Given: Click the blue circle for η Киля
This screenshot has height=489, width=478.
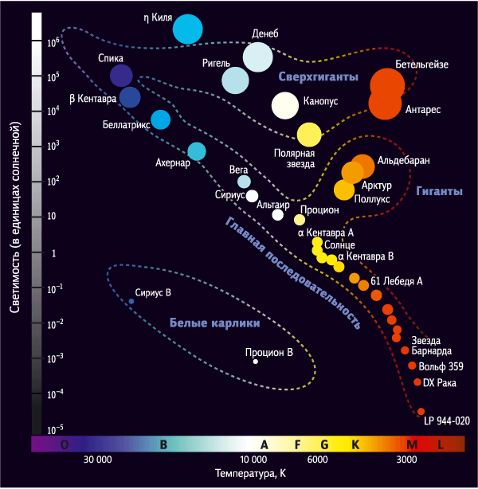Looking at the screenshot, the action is pyautogui.click(x=188, y=29).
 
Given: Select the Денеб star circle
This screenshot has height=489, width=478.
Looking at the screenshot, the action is pyautogui.click(x=257, y=57).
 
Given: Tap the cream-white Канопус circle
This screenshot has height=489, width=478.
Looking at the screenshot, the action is pyautogui.click(x=285, y=106).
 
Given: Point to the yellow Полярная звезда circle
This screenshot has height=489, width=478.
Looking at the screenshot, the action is pyautogui.click(x=309, y=135).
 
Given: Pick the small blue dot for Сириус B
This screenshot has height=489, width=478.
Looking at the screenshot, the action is pyautogui.click(x=131, y=301).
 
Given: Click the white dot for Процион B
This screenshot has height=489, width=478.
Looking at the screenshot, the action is pyautogui.click(x=256, y=362).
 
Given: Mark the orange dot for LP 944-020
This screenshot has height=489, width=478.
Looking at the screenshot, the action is pyautogui.click(x=421, y=411).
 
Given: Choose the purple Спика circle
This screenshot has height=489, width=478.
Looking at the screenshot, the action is pyautogui.click(x=121, y=76).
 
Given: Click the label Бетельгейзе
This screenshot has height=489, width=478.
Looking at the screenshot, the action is pyautogui.click(x=422, y=65).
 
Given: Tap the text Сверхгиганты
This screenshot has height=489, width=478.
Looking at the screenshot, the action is pyautogui.click(x=318, y=76).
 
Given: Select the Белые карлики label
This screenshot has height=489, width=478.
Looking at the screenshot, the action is pyautogui.click(x=214, y=323).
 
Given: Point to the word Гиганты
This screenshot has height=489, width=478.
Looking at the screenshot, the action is pyautogui.click(x=439, y=191).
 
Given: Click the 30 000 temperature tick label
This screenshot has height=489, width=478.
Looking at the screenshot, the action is pyautogui.click(x=98, y=460).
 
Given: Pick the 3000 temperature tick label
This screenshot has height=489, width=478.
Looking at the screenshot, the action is pyautogui.click(x=406, y=460).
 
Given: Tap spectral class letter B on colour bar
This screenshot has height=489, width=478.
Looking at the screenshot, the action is pyautogui.click(x=163, y=444).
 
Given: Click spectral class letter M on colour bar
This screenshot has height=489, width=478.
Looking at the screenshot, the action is pyautogui.click(x=412, y=444).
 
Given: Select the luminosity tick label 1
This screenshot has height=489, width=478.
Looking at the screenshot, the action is pyautogui.click(x=53, y=253).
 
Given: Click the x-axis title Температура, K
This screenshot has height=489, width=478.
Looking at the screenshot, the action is pyautogui.click(x=250, y=474).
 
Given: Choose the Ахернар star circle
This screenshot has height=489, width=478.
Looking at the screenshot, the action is pyautogui.click(x=197, y=151).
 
